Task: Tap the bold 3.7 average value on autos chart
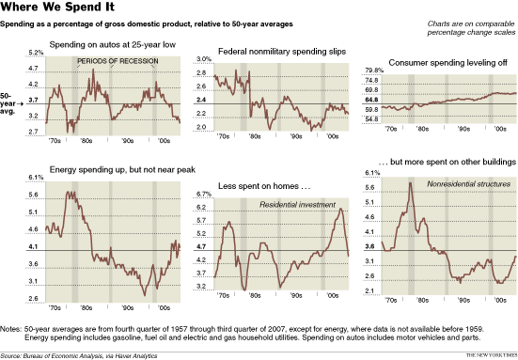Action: [34, 99]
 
